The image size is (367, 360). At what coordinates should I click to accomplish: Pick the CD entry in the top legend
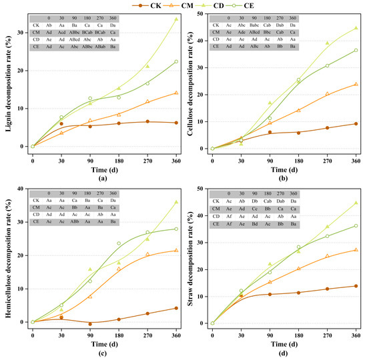point(226,5)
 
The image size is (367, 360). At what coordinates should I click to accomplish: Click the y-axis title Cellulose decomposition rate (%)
point(190,83)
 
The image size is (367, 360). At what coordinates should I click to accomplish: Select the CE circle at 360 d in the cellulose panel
point(356,50)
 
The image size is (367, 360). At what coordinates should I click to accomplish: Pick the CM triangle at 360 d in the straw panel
point(356,250)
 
